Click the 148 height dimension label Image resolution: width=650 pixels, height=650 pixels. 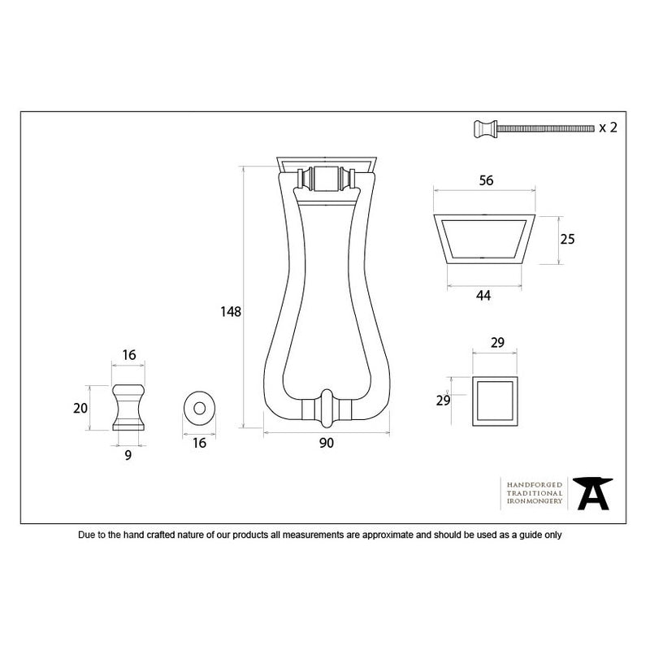pos(231,312)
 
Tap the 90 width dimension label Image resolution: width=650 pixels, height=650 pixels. pos(327,443)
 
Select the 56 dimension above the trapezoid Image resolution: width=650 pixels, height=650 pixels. pos(486,180)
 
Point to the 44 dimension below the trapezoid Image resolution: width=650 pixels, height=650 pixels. pos(483,296)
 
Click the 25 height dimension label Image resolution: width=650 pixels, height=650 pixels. pos(567,239)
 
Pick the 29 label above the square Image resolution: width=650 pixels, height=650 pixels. pos(497,342)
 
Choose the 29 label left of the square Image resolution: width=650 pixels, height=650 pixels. pos(443,401)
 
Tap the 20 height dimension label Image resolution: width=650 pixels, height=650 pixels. pos(80,409)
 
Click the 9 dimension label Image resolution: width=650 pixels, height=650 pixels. pos(128,456)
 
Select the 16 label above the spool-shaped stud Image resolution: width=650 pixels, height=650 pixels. pos(129,355)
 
